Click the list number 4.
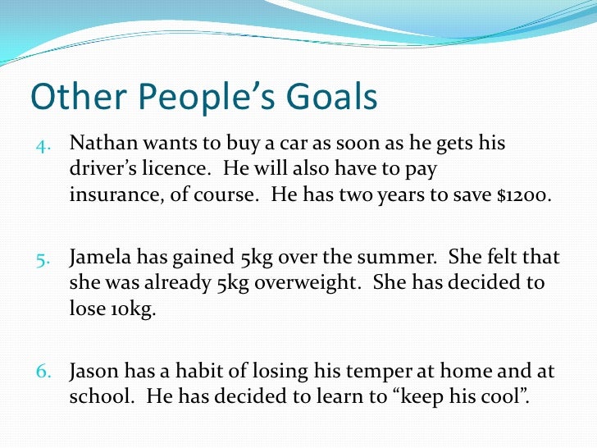pyautogui.click(x=44, y=145)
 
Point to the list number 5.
pyautogui.click(x=44, y=258)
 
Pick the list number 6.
pyautogui.click(x=44, y=373)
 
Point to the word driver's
pyautogui.click(x=101, y=171)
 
